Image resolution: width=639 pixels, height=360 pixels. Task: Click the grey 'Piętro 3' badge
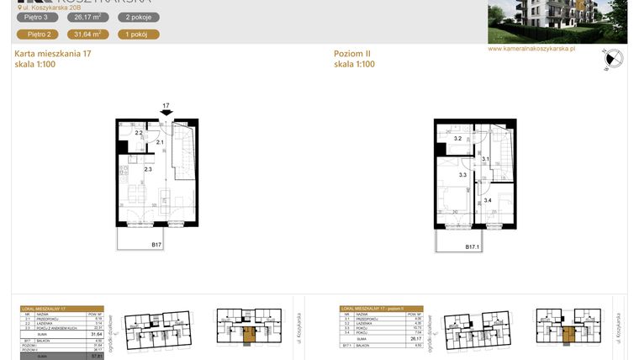35,17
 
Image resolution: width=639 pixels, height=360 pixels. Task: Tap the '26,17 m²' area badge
87,17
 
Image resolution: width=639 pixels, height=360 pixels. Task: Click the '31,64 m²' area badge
87,34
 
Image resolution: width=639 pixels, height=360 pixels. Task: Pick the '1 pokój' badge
137,34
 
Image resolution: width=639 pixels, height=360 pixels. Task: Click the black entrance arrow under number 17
166,116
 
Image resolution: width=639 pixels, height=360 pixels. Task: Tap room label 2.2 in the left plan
140,133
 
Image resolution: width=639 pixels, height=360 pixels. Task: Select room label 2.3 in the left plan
148,170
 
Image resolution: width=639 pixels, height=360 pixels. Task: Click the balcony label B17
156,245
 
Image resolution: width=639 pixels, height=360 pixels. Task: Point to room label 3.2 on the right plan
458,138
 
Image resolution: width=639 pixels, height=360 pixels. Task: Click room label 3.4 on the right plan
488,200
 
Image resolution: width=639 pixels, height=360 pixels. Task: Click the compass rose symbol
613,60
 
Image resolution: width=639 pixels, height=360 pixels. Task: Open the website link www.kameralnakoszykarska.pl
531,49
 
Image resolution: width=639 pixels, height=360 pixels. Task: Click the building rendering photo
557,21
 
